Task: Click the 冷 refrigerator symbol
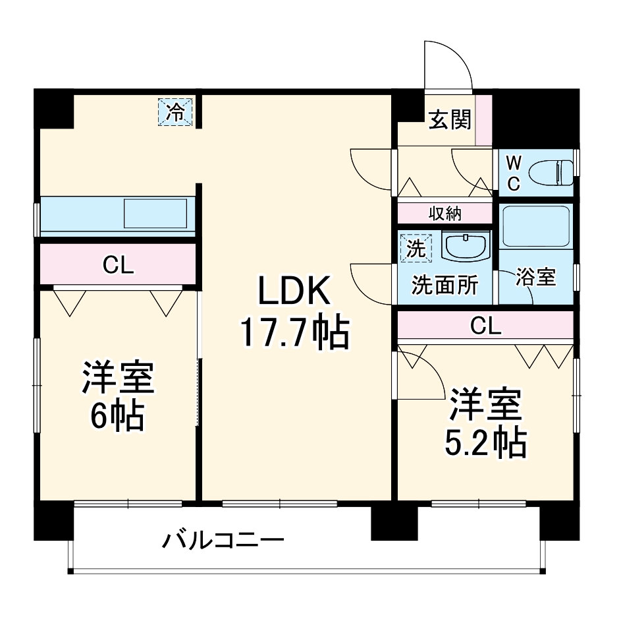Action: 176,111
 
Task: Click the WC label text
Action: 514,173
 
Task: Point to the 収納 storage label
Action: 445,213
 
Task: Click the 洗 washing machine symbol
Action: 414,248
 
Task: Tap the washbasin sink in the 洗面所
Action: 466,247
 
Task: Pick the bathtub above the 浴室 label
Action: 535,226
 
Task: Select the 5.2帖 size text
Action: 485,443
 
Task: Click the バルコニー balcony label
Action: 223,541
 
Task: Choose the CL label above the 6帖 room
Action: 118,265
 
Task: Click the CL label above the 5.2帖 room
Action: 486,325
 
